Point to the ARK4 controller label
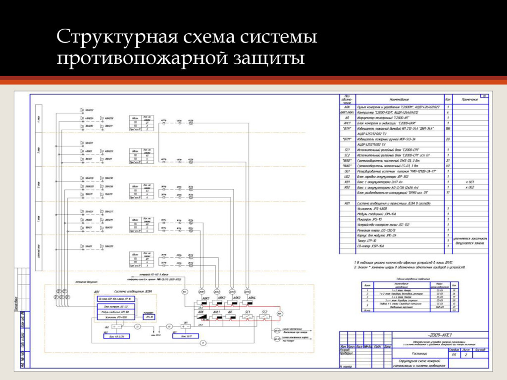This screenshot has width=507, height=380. pos(252,298)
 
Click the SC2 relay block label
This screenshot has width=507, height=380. pos(264,312)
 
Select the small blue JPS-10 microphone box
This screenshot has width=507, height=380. pos(149,317)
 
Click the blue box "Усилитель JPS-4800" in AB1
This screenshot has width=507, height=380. pos(114,317)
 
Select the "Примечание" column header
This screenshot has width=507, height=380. pos(470,99)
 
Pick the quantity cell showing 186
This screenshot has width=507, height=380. pos(449,129)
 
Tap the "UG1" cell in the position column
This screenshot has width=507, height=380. pos(347,171)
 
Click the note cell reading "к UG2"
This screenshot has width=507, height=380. pos(469,188)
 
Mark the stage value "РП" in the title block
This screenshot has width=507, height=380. pos(454,355)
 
